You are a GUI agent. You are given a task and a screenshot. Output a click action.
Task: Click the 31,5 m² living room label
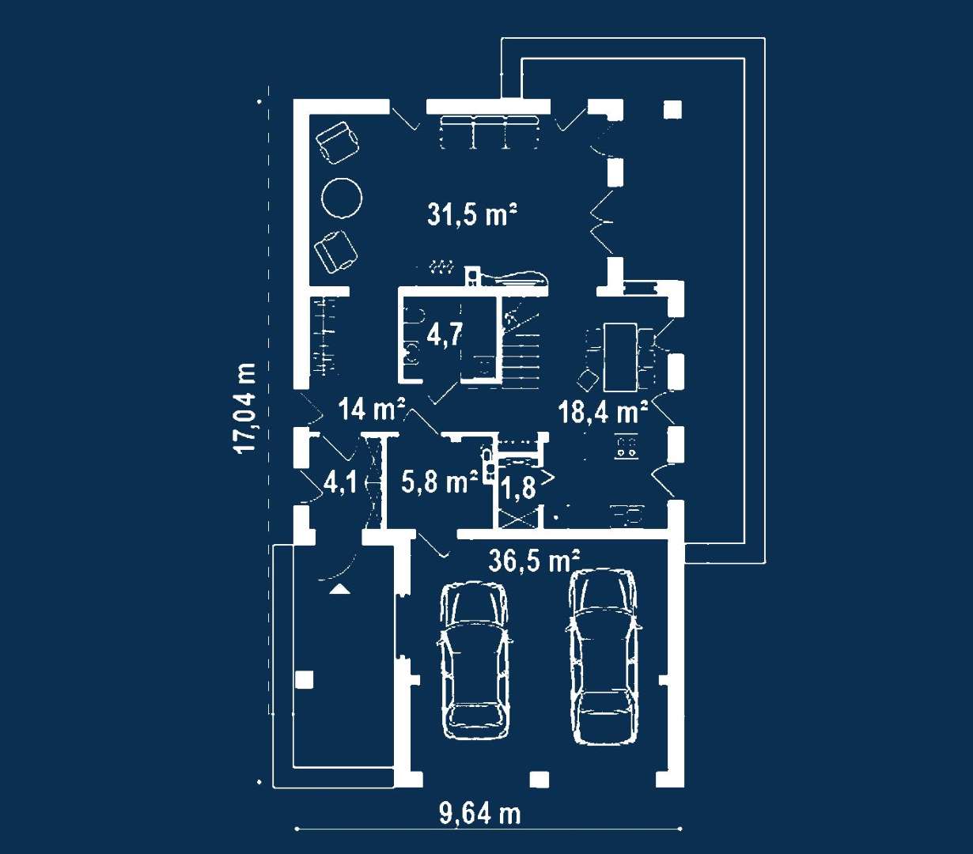(471, 214)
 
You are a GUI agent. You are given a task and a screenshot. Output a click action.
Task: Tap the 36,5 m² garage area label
(534, 560)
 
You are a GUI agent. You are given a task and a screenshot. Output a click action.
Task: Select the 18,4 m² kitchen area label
(604, 412)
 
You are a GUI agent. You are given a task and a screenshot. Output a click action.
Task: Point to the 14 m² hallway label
(373, 409)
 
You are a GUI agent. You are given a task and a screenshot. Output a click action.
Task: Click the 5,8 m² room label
(440, 482)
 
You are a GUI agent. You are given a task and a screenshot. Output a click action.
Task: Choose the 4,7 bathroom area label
(445, 334)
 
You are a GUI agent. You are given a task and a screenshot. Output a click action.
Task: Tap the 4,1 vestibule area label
(340, 482)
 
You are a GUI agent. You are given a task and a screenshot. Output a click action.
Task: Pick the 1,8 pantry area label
(518, 488)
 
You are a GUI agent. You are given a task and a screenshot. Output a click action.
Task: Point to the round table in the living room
(342, 198)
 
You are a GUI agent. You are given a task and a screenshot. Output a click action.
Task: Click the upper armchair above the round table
(338, 142)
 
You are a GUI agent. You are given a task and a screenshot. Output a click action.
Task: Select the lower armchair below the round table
(335, 251)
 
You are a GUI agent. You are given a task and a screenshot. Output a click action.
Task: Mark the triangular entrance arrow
(339, 589)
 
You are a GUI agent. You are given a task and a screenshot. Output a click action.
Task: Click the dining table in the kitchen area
(620, 357)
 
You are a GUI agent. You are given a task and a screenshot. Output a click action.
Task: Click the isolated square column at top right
(672, 109)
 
